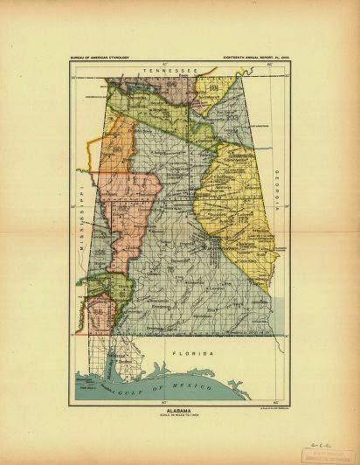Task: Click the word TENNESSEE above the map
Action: click(x=160, y=69)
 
